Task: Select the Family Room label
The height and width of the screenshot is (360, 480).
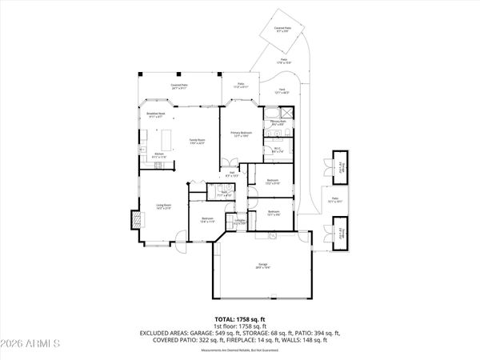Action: coord(196,142)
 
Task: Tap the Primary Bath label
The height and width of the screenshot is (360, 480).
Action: coord(278,124)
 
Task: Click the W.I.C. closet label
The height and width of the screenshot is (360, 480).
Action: coord(277,149)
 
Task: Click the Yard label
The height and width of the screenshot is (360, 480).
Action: coord(282,91)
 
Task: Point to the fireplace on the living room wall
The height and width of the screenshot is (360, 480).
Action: coord(134,218)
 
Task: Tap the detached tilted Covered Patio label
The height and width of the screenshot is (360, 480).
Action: coord(282,29)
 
